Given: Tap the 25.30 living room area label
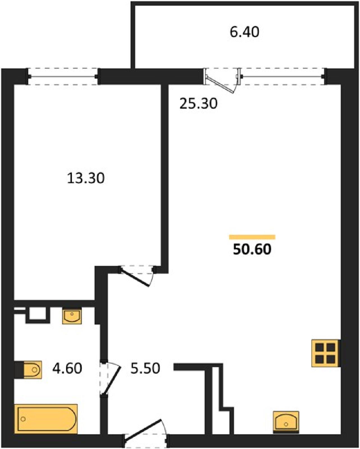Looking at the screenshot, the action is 199,104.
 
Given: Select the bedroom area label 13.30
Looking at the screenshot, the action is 86,178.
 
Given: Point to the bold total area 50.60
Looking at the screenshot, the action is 252,249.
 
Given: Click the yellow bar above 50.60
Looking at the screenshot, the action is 252,237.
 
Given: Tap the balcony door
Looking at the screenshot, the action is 223,80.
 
